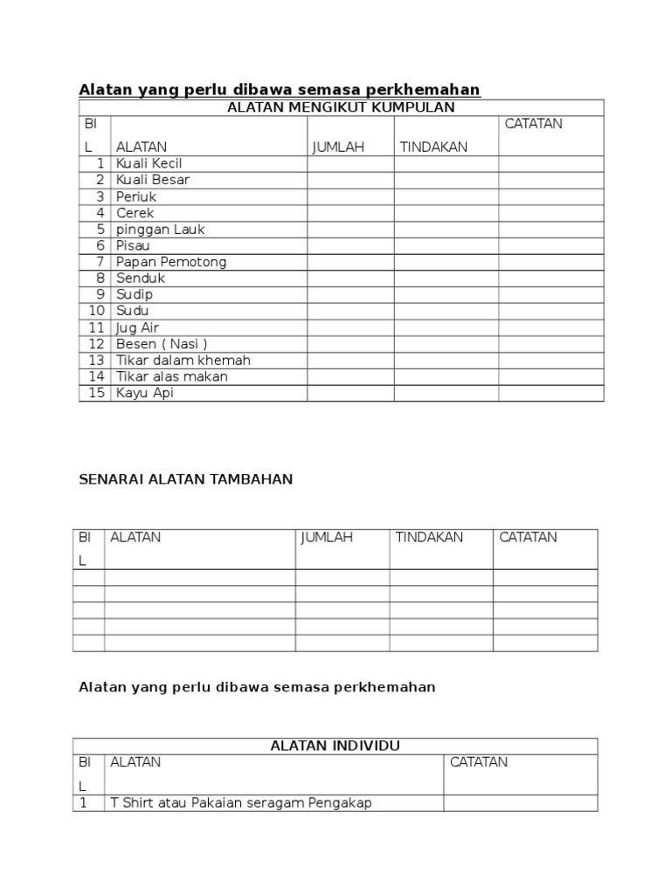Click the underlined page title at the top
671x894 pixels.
click(x=280, y=90)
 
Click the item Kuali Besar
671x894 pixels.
click(x=153, y=180)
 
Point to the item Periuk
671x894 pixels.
click(x=136, y=196)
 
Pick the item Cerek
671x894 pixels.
click(x=135, y=213)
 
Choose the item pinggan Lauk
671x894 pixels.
click(x=161, y=230)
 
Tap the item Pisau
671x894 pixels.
click(x=133, y=246)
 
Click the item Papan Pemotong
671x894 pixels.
click(x=171, y=262)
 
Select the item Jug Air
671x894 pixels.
click(x=137, y=327)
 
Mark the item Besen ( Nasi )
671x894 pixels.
click(x=162, y=344)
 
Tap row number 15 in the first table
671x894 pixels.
click(x=97, y=393)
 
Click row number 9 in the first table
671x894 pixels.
click(x=100, y=295)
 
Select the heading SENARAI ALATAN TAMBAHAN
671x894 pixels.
click(x=186, y=479)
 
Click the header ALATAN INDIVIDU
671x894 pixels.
click(x=335, y=746)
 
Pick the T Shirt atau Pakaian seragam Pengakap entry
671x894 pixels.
click(x=240, y=803)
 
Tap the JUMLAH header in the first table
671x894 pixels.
click(x=338, y=148)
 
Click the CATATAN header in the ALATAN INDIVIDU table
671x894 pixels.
click(x=479, y=762)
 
